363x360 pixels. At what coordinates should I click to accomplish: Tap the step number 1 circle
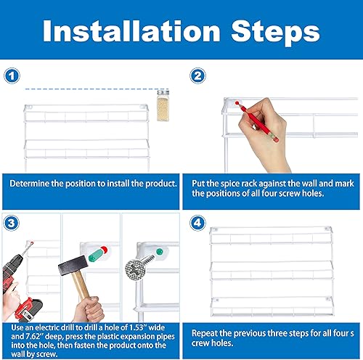pyautogui.click(x=11, y=75)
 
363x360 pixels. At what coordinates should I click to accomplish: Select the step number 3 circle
pyautogui.click(x=11, y=222)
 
